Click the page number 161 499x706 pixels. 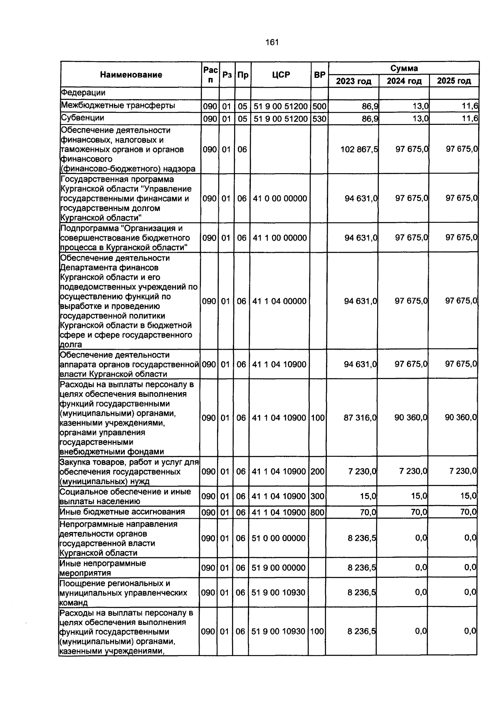pos(272,42)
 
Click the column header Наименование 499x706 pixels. pos(131,75)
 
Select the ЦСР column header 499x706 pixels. pos(281,75)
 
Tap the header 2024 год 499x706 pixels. pos(404,81)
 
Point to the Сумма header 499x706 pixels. pos(404,68)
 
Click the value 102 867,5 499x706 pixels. pos(359,149)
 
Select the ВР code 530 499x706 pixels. pos(319,119)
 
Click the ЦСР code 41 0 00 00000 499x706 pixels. pos(280,199)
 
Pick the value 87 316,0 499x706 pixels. pos(360,418)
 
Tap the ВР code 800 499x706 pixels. pos(317,512)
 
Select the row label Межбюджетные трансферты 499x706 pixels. pos(118,106)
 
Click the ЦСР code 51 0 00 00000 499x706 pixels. pos(279,538)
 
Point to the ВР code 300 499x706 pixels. pos(317,496)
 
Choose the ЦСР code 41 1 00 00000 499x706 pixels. pos(280,238)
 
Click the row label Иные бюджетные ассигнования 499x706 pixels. pos(122,512)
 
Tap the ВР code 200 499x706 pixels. pos(317,472)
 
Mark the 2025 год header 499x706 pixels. pos(454,81)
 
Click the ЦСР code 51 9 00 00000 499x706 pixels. pos(279,568)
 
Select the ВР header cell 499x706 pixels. pos(320,75)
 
